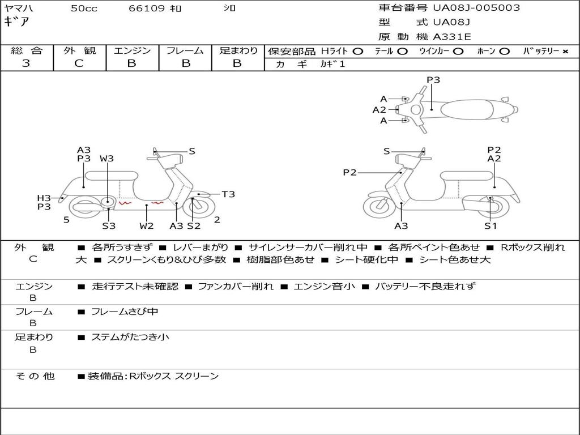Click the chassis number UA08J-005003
[x=476, y=8]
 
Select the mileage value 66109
[x=147, y=8]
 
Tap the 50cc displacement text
[x=84, y=8]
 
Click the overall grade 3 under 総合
[x=26, y=63]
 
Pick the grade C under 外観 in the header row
[x=79, y=63]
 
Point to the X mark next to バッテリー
[x=565, y=52]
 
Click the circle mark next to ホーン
[x=504, y=52]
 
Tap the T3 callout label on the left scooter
[x=228, y=194]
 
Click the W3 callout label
[x=106, y=159]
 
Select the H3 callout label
[x=44, y=198]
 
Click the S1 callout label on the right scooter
[x=491, y=225]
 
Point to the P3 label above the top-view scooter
[x=433, y=80]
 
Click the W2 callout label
[x=147, y=225]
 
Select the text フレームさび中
[x=125, y=312]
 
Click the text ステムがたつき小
[x=130, y=337]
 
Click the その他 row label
[x=35, y=376]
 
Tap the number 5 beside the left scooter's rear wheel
[x=66, y=220]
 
